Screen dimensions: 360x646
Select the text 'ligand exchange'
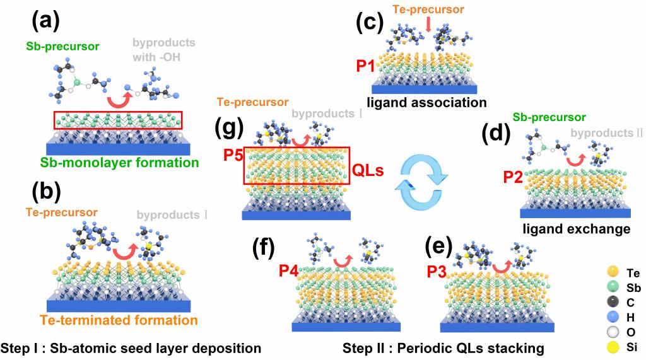tap(575, 229)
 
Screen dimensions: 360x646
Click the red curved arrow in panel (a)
tap(119, 98)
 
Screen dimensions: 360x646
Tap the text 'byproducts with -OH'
tap(164, 49)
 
